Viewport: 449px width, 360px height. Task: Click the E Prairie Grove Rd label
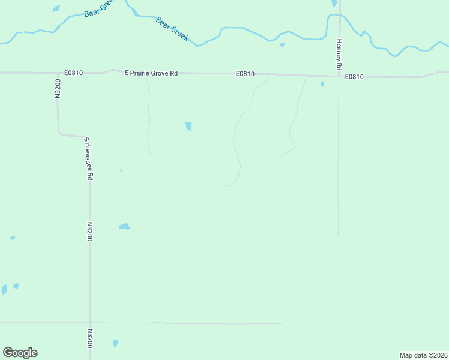point(151,73)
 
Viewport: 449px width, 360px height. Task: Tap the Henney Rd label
point(339,54)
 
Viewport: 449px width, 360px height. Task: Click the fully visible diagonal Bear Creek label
point(172,29)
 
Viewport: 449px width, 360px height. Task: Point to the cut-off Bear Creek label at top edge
point(99,8)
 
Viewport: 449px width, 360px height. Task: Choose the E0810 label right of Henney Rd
point(354,77)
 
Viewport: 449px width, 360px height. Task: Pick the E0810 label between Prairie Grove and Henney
point(245,74)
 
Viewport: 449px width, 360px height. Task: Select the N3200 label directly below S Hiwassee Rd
point(89,232)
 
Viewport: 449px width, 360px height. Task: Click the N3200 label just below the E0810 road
point(58,88)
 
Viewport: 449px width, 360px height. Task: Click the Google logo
point(20,353)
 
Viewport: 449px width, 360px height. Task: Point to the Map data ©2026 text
point(423,355)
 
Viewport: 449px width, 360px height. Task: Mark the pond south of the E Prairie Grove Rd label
point(188,126)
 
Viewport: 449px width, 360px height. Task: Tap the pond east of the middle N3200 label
point(124,226)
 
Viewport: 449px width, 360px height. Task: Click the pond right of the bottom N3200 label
point(115,343)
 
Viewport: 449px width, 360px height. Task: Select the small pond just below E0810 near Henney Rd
point(322,83)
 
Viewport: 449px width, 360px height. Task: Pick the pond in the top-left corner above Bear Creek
point(56,8)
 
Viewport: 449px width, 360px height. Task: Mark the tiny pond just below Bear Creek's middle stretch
point(282,44)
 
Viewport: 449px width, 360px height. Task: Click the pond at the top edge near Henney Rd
point(334,3)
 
